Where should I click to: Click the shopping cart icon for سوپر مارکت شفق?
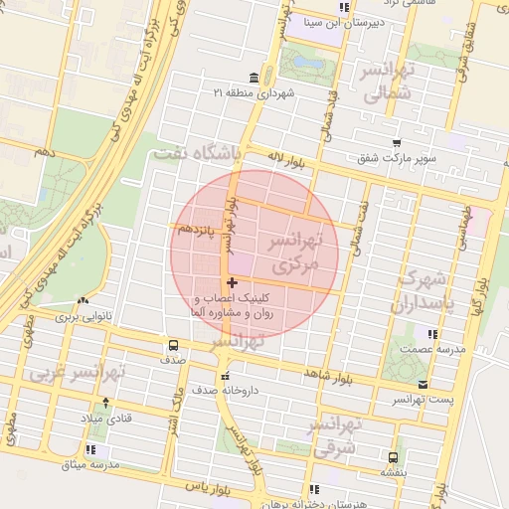pos(397,143)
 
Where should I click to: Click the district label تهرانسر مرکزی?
pos(293,254)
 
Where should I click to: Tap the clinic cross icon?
pos(233,284)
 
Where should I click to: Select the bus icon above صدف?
pos(174,346)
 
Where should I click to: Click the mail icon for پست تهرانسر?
pos(424,384)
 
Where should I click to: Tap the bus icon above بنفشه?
pos(395,457)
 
